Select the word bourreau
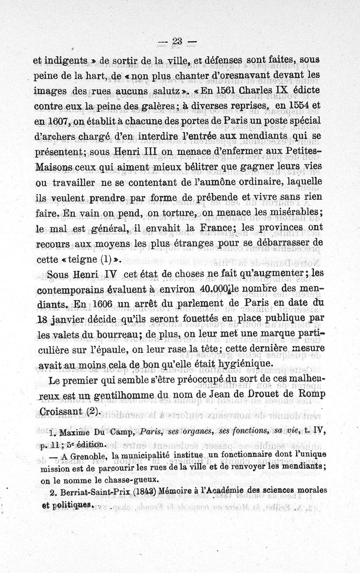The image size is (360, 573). pyautogui.click(x=115, y=334)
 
